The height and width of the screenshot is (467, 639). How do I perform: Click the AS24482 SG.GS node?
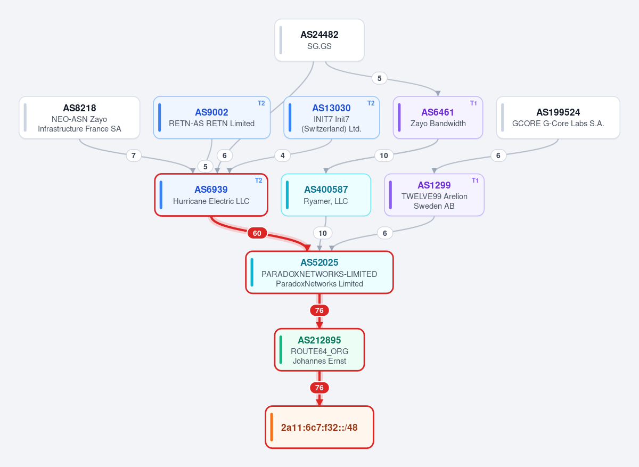pos(319,40)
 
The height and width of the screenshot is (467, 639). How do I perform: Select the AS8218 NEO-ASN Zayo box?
pos(79,118)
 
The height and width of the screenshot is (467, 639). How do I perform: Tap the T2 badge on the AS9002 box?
pos(261,103)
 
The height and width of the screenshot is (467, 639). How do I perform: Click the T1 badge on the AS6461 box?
pos(473,103)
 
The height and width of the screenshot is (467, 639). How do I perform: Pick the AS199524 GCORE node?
pos(558,118)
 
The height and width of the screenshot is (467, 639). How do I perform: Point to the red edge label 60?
pos(257,233)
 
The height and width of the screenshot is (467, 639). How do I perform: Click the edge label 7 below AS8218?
pos(134,155)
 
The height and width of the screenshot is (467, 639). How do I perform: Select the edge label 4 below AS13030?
pos(282,155)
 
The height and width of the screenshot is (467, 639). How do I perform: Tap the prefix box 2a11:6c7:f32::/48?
pos(319,427)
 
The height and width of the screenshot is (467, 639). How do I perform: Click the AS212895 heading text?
pos(319,340)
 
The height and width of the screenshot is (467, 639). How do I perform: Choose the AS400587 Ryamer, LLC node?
pos(326,195)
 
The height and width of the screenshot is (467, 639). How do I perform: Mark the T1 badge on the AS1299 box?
pos(475,181)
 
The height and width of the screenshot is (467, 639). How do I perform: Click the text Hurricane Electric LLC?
pos(211,201)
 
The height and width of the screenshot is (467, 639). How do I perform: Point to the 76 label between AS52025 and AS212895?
pos(319,310)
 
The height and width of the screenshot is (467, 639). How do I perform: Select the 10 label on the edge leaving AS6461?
pos(384,155)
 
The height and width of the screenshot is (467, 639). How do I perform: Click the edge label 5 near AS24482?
pos(379,78)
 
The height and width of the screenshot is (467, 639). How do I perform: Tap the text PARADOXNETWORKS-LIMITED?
pos(319,274)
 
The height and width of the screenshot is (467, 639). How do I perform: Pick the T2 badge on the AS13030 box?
pos(371,103)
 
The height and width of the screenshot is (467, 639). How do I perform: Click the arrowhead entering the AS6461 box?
pos(438,94)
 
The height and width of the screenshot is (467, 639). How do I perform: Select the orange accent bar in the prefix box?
pos(272,427)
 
